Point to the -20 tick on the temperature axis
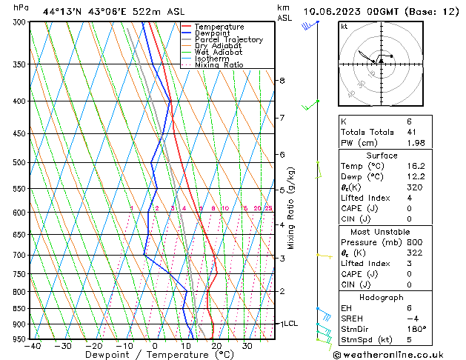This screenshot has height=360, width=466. (93, 346)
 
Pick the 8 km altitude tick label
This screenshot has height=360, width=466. (282, 80)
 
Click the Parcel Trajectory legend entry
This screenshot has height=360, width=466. (229, 39)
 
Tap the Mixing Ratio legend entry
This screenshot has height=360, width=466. (223, 65)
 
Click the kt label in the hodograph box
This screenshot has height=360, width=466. (344, 26)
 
